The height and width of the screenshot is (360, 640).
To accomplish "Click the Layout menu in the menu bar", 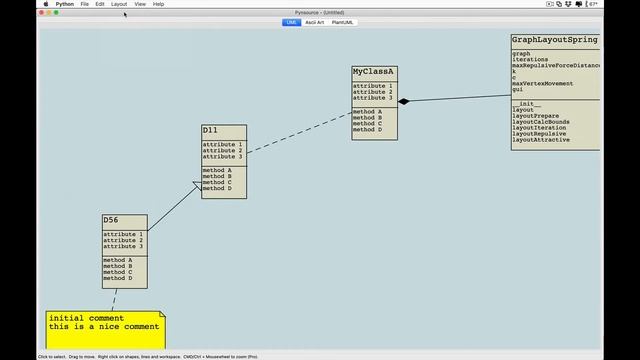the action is [119, 4].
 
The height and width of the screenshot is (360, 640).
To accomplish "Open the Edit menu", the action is [100, 4].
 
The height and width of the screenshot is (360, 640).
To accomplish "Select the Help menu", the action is [158, 4].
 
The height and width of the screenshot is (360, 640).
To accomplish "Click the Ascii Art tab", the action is [314, 22].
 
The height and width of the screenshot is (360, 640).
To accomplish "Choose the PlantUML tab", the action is [343, 22].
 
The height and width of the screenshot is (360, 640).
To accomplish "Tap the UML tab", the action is [291, 22].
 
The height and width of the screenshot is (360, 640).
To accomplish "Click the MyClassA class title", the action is [374, 72].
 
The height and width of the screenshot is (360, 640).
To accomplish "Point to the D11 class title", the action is [210, 130].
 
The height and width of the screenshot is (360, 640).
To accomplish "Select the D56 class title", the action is [110, 220].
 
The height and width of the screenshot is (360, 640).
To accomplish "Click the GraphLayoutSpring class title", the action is [555, 40].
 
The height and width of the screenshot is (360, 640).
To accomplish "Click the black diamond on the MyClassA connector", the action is [404, 101].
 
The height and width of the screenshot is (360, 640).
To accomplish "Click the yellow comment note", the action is [105, 329].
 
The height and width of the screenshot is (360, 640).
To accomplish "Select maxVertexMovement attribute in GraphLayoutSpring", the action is [542, 83].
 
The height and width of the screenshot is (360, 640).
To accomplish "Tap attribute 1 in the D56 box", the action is [123, 234].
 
